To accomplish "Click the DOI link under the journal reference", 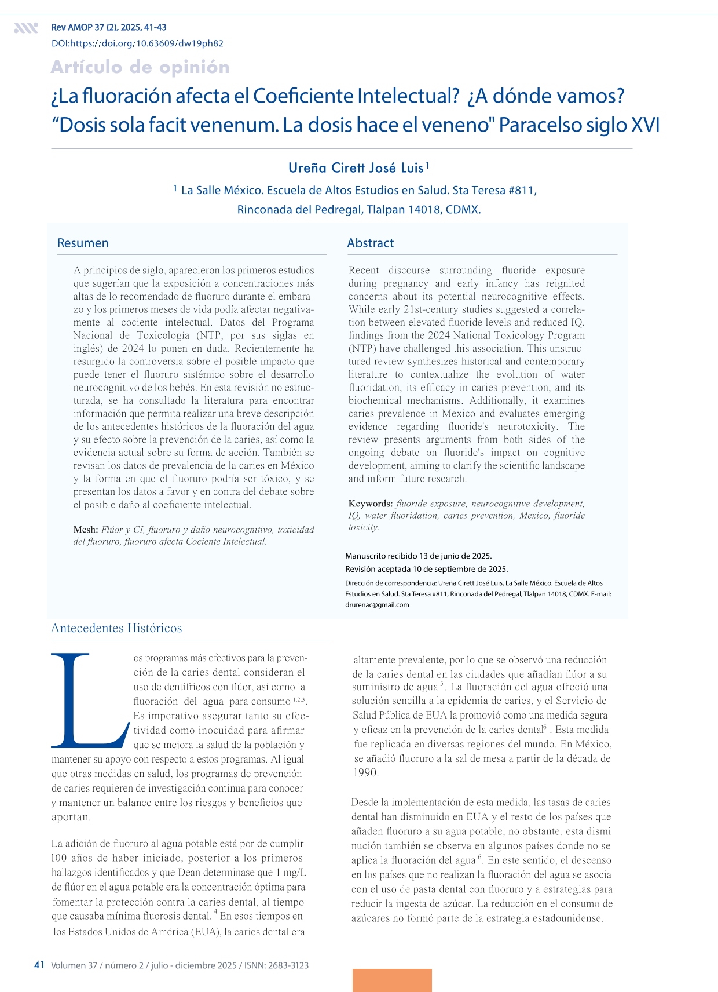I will (137, 43).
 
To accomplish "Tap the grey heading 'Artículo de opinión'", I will (140, 67).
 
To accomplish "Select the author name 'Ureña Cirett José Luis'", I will (356, 168).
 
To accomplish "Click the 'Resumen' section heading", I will (83, 243).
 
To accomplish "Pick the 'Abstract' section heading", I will (371, 243).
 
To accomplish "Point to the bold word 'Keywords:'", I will (371, 504).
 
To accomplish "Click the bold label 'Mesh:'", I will (85, 530).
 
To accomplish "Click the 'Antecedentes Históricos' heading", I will (116, 628).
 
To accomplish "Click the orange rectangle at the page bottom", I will (392, 980).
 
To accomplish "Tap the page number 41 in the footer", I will (39, 965).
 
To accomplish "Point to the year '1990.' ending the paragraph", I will (366, 772).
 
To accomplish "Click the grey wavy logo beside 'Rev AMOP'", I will (26, 28).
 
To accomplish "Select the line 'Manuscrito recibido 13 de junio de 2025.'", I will (418, 556).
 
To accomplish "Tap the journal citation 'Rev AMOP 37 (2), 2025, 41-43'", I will (109, 28).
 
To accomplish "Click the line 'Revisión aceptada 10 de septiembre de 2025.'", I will (426, 569).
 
